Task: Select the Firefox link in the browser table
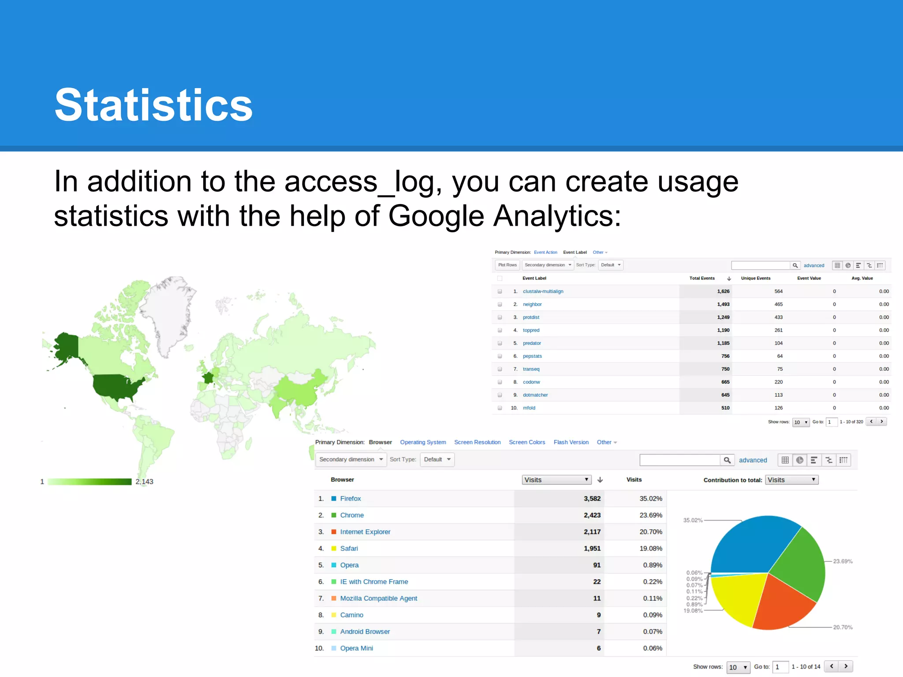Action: tap(351, 498)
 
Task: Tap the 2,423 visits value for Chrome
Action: tap(592, 515)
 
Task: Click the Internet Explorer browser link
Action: tap(365, 532)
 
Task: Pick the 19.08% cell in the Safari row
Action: tap(650, 548)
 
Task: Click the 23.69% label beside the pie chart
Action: tap(843, 561)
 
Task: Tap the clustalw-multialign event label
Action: tap(543, 291)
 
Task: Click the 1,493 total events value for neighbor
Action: tap(723, 304)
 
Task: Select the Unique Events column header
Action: tap(755, 278)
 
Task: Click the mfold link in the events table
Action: tap(529, 408)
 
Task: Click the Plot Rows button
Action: tap(507, 265)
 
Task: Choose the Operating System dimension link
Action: tap(423, 442)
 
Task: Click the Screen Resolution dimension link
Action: tap(477, 442)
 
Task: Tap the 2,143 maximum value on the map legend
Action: tap(144, 482)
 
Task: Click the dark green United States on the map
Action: tap(117, 386)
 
